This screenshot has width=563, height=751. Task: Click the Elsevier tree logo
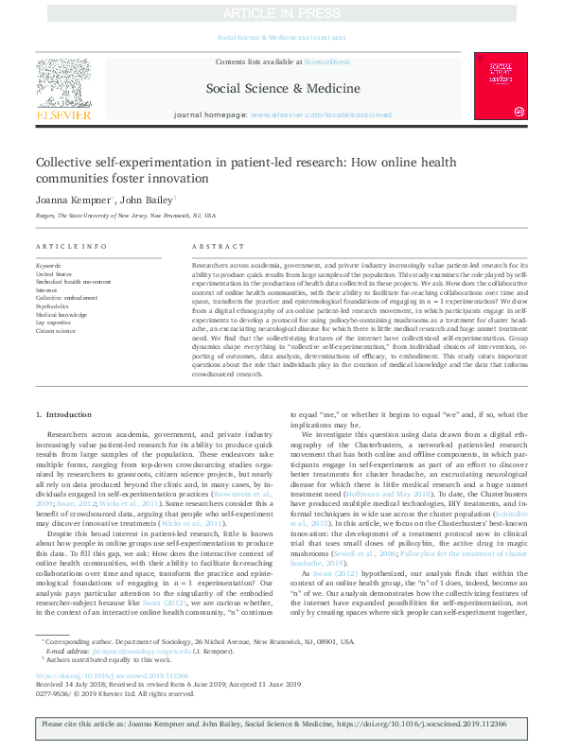click(63, 81)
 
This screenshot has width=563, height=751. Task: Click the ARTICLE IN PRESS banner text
click(281, 14)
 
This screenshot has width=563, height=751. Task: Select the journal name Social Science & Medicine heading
click(281, 89)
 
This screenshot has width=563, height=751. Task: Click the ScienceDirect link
click(326, 61)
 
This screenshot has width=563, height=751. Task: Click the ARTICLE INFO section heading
click(71, 246)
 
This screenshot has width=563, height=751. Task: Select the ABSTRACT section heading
click(212, 246)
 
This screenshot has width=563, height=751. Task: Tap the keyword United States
click(53, 273)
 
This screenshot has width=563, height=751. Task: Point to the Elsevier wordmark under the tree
click(63, 114)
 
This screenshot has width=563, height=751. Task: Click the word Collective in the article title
click(69, 162)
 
